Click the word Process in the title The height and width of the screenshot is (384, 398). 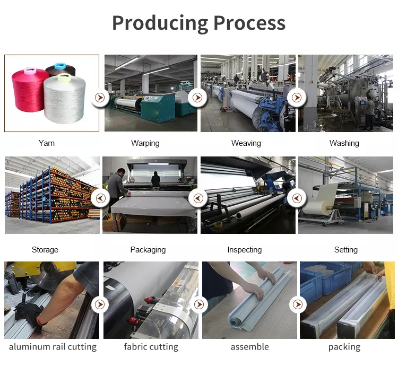pyautogui.click(x=249, y=23)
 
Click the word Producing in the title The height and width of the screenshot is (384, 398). pyautogui.click(x=160, y=23)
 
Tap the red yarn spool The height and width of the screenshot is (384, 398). pyautogui.click(x=30, y=88)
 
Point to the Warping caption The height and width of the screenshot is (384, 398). pyautogui.click(x=145, y=143)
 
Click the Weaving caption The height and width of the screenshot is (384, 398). pyautogui.click(x=246, y=143)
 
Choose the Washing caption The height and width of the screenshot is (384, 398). pyautogui.click(x=344, y=143)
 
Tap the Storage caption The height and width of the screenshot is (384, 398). pyautogui.click(x=45, y=250)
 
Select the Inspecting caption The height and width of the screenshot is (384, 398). pyautogui.click(x=245, y=250)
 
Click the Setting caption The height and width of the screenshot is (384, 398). pyautogui.click(x=346, y=250)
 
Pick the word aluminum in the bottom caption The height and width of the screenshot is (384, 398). pyautogui.click(x=29, y=347)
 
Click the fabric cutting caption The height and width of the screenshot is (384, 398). pyautogui.click(x=151, y=347)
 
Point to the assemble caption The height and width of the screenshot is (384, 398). pyautogui.click(x=250, y=347)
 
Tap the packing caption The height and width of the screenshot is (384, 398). pyautogui.click(x=344, y=347)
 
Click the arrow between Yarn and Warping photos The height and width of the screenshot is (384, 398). pyautogui.click(x=100, y=98)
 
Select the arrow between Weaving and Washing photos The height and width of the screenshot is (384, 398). pyautogui.click(x=297, y=98)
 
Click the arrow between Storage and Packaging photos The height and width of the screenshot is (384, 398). pyautogui.click(x=100, y=198)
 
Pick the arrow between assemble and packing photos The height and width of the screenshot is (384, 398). pyautogui.click(x=298, y=304)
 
